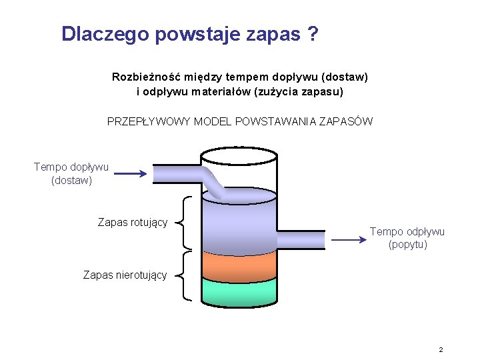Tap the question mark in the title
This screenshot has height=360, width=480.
pyautogui.click(x=313, y=34)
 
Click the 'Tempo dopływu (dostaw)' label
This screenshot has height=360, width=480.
pyautogui.click(x=71, y=173)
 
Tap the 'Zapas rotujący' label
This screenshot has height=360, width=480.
pyautogui.click(x=133, y=222)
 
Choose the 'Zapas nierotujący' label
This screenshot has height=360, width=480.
pyautogui.click(x=125, y=275)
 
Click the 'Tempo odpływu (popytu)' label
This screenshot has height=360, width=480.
pyautogui.click(x=407, y=238)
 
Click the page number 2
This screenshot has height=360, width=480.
pyautogui.click(x=441, y=349)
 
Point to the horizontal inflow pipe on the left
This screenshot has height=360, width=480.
pyautogui.click(x=177, y=174)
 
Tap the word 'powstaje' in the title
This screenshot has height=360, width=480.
pyautogui.click(x=193, y=34)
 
